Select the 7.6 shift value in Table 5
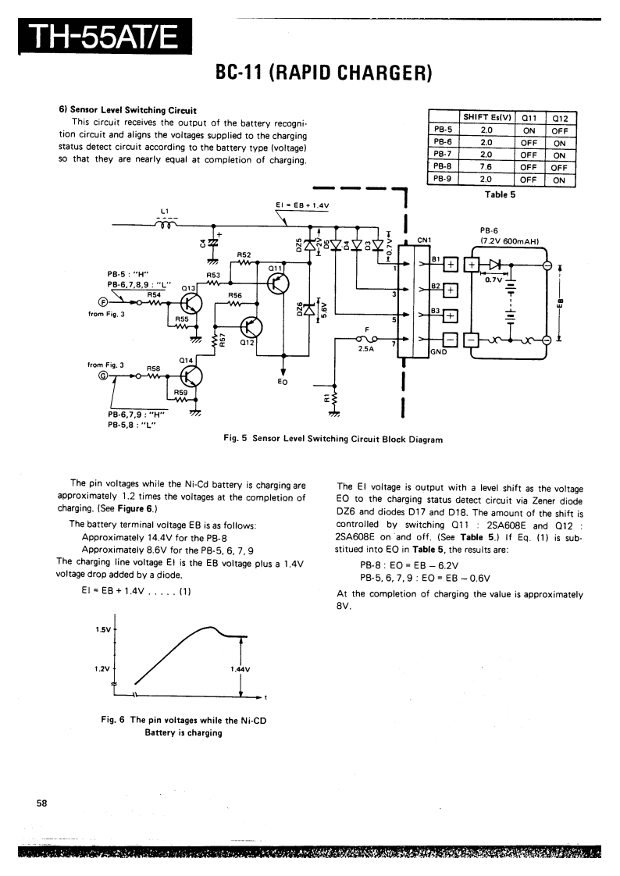(486, 166)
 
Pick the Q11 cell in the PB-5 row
(529, 130)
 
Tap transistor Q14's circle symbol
(191, 376)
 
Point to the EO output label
(283, 383)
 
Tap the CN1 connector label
(425, 240)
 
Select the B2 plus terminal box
(451, 291)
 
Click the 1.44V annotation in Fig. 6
(240, 669)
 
